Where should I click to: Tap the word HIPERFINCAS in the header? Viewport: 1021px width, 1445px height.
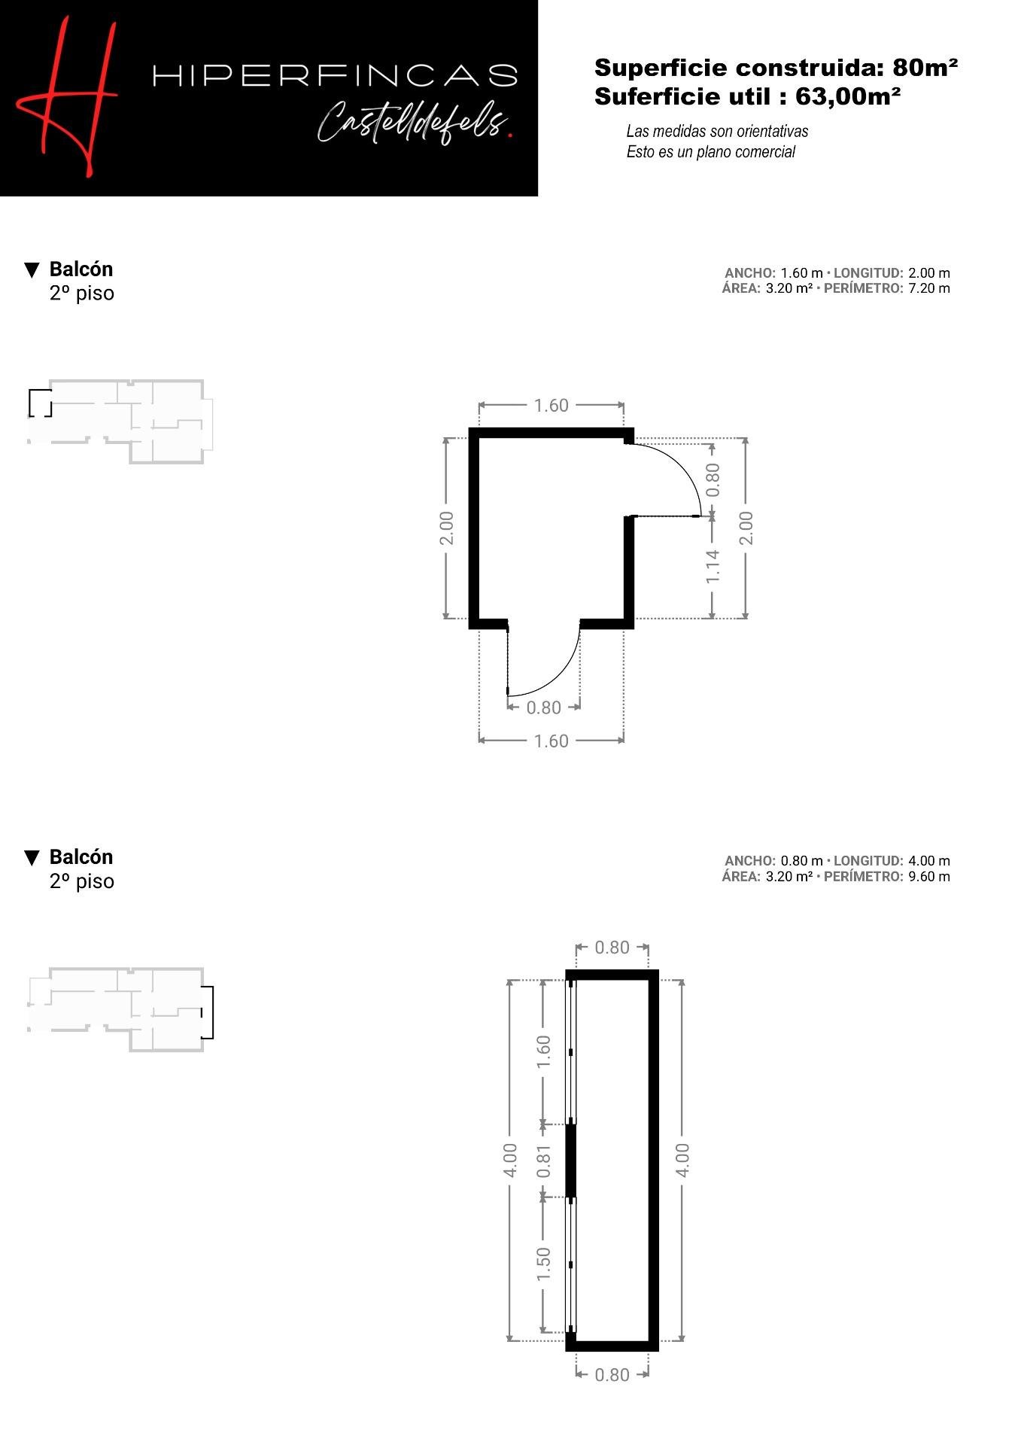[336, 75]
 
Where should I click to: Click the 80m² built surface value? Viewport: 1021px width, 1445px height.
[925, 68]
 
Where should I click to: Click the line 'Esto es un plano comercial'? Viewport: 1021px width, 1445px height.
[710, 152]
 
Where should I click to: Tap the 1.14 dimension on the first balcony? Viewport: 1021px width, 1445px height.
[713, 566]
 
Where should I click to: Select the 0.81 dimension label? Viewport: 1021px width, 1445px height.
[544, 1161]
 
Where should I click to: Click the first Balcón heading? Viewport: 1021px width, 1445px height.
[81, 269]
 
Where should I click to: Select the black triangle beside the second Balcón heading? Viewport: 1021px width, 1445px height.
[32, 857]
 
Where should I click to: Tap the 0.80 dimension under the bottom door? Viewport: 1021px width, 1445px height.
[543, 707]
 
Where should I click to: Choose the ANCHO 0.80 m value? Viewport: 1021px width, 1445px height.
[801, 860]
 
